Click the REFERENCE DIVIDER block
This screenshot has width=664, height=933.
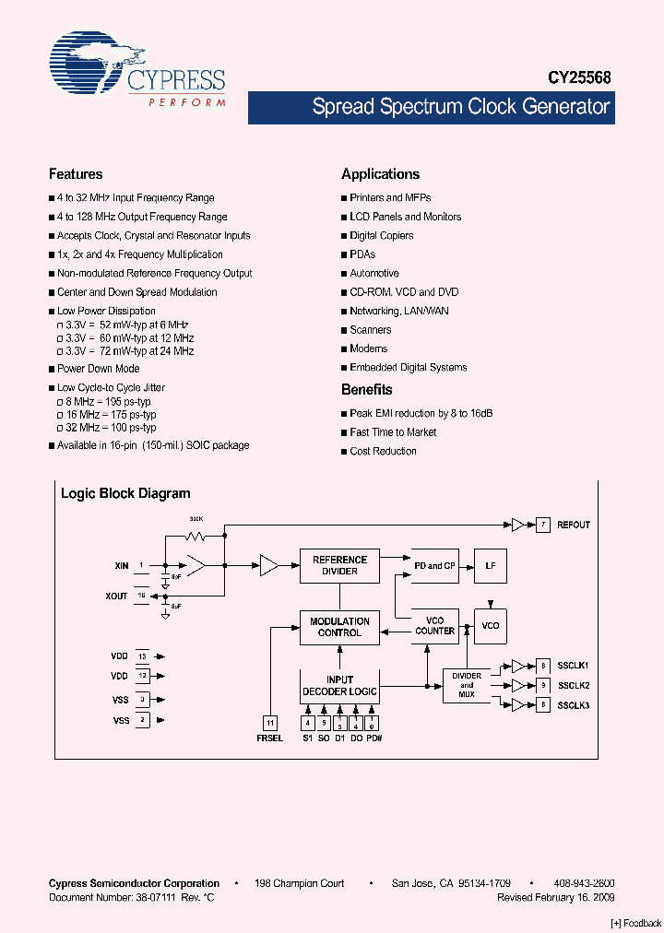tap(339, 565)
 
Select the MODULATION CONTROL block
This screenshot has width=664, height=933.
tap(339, 627)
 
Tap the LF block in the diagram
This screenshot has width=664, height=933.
tap(490, 565)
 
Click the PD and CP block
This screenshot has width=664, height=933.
tap(434, 565)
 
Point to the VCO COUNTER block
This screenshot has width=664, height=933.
tap(434, 626)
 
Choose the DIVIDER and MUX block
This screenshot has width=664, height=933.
tap(467, 685)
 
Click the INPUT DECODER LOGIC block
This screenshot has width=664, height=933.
tap(339, 686)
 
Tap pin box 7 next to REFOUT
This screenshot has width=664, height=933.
tap(544, 525)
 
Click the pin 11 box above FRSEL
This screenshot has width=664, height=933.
tap(270, 723)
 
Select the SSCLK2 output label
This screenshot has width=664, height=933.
tap(573, 685)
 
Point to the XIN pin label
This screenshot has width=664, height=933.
tap(122, 564)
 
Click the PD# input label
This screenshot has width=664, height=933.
tap(373, 738)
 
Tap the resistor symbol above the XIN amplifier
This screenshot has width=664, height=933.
tap(196, 534)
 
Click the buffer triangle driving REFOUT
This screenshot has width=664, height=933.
tap(518, 525)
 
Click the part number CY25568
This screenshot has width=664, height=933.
tap(581, 79)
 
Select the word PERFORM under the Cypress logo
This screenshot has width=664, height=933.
tap(187, 102)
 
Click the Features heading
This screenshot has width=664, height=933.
tap(76, 174)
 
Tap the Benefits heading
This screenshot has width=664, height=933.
tap(367, 390)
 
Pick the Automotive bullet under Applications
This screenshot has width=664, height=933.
tap(374, 274)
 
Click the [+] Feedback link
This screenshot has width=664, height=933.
tap(636, 923)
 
